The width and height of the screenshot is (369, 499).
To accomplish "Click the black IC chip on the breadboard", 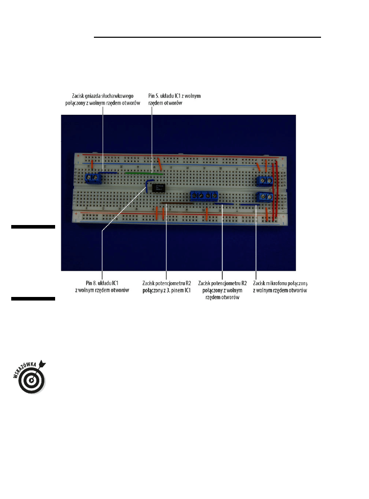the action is [x=158, y=188].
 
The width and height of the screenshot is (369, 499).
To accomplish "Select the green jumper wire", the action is [x=144, y=173].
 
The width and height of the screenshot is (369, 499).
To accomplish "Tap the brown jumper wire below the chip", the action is [x=177, y=203].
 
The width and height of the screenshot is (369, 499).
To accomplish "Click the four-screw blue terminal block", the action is [x=204, y=195].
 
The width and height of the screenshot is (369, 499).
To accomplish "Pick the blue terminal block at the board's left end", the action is [x=93, y=178].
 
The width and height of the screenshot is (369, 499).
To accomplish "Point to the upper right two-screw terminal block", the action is [x=265, y=181].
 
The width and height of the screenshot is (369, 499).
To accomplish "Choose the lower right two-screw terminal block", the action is [x=265, y=196].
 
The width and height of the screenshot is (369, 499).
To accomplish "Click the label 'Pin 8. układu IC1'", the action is [x=102, y=283].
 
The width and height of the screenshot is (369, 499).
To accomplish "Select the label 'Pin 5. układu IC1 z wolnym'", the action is [x=175, y=96].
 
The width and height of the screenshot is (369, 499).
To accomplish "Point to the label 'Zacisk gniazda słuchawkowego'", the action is [x=103, y=96].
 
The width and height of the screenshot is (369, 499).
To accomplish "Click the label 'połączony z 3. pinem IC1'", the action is [x=166, y=290].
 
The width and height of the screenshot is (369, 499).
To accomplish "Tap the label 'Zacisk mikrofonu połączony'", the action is [x=280, y=283].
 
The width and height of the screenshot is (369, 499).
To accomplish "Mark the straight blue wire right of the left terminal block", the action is [x=108, y=173].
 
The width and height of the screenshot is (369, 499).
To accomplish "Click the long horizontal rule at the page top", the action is [x=207, y=37].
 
